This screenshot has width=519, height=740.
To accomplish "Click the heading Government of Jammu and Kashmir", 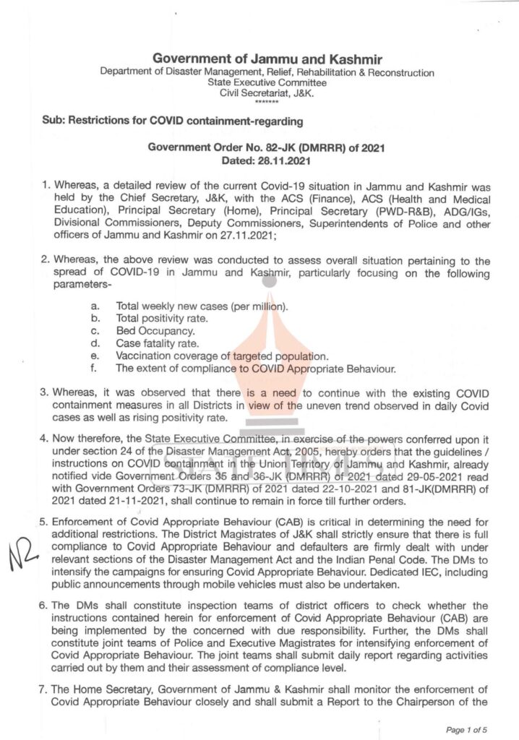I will point(267,59).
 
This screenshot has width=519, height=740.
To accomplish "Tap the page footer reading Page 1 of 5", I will point(467,730).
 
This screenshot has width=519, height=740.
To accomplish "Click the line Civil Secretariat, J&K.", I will point(267,94).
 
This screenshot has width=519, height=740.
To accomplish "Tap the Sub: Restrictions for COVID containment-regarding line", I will point(172,120).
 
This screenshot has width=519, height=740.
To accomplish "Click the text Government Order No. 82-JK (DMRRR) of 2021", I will point(267,147).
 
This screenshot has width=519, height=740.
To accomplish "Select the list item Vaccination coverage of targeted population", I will point(222,356).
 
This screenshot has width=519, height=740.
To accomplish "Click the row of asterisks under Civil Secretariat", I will point(267,103).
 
